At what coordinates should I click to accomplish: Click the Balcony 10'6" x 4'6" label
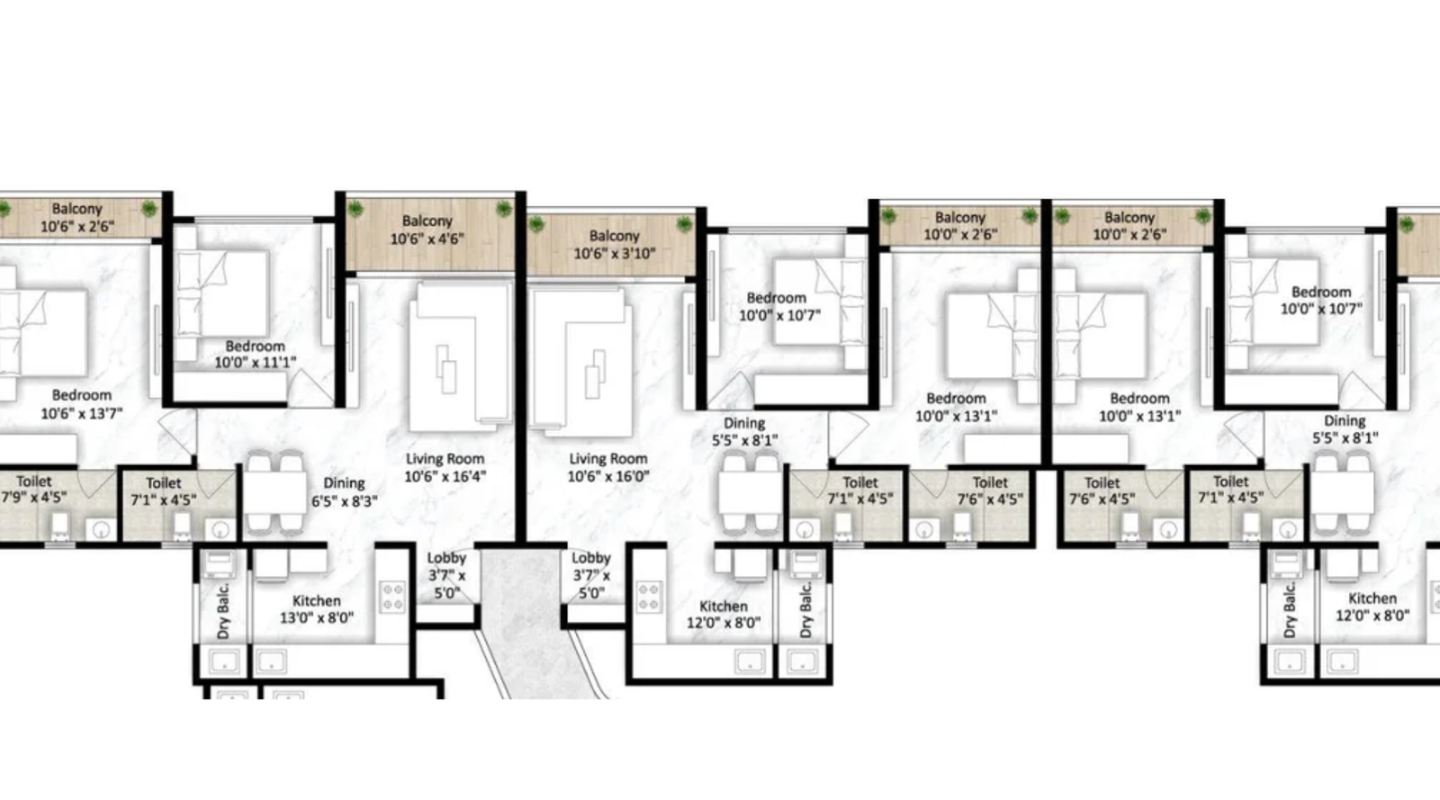(427, 229)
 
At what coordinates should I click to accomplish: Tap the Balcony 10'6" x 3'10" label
(614, 245)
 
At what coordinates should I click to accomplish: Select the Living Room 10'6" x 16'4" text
(445, 467)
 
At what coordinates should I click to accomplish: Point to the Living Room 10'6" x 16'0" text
(607, 467)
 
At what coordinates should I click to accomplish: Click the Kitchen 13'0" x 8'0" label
(316, 609)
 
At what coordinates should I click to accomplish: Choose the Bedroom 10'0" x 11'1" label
(255, 354)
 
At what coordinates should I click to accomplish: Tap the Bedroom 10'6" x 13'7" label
(81, 404)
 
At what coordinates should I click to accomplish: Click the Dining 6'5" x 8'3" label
(344, 491)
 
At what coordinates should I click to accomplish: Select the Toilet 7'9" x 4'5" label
(33, 489)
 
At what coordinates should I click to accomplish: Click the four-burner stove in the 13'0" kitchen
(393, 597)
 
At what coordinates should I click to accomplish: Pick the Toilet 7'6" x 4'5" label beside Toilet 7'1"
(990, 490)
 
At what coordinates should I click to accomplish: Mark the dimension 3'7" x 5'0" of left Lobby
(446, 584)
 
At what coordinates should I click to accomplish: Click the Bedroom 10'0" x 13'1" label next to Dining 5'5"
(956, 407)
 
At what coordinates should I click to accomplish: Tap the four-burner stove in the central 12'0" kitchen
(649, 597)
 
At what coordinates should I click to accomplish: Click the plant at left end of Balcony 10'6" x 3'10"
(536, 224)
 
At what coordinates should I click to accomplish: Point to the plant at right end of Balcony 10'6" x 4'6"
(503, 209)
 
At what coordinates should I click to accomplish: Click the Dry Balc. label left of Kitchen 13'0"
(223, 612)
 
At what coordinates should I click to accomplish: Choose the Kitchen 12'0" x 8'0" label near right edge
(1372, 607)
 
